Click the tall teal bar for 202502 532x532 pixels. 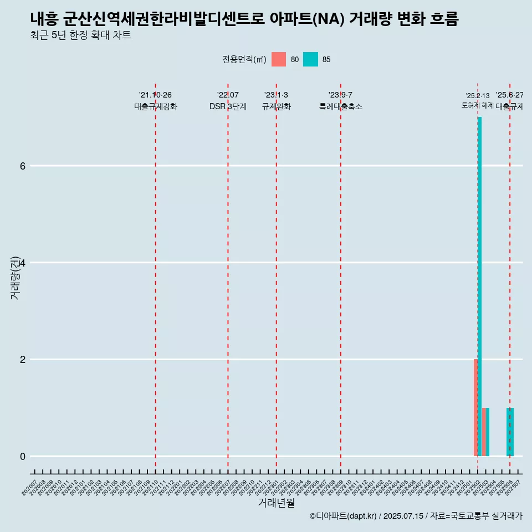(480, 286)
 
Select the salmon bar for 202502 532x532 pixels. (475, 407)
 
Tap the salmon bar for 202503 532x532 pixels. (484, 432)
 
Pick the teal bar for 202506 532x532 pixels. (510, 432)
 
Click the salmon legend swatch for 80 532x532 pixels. (279, 59)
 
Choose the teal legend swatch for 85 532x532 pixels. (311, 59)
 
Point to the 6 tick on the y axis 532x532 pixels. (23, 166)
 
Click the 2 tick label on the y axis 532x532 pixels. (23, 359)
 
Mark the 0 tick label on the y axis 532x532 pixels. (23, 456)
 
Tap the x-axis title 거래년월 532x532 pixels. (276, 503)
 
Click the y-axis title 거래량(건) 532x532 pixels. (16, 277)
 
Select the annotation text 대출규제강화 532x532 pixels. (156, 106)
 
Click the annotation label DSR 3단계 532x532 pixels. (228, 106)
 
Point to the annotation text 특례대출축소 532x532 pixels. (341, 106)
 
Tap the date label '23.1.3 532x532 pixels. (276, 95)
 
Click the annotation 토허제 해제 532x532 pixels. (478, 105)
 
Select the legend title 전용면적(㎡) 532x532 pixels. (244, 59)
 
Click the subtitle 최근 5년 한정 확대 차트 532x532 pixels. (81, 35)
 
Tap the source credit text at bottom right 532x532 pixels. (416, 516)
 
